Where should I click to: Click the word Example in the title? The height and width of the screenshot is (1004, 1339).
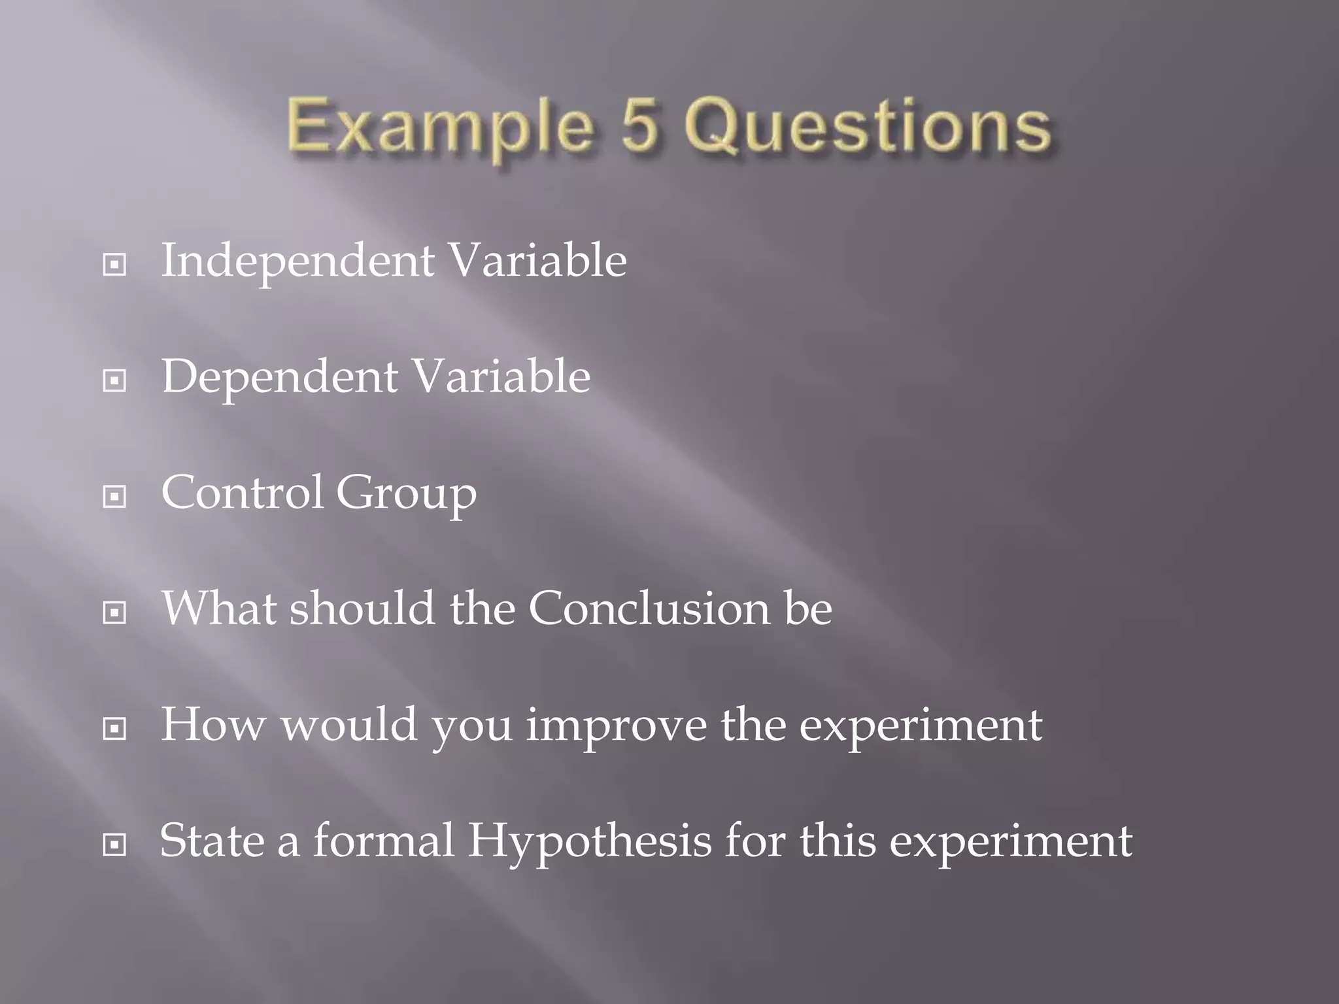coord(439,126)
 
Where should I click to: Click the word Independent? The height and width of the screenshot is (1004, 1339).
coord(298,261)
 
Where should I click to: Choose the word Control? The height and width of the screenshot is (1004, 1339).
coord(242,492)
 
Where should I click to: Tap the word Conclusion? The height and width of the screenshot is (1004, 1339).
coord(649,609)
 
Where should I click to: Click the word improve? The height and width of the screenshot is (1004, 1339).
coord(616,726)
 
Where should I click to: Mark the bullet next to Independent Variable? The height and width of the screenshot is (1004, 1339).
coord(114,265)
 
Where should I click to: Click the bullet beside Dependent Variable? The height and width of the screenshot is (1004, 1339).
coord(114,380)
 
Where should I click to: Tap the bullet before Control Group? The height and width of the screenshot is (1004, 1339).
coord(114,497)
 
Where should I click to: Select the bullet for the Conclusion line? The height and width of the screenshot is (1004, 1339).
coord(114,612)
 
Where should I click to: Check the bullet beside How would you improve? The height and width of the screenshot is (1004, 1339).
coord(114,728)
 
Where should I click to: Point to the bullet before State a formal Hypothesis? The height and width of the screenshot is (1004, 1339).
coord(114,845)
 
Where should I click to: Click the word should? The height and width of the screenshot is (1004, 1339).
coord(362,609)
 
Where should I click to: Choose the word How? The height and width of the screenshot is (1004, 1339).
coord(213,725)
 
